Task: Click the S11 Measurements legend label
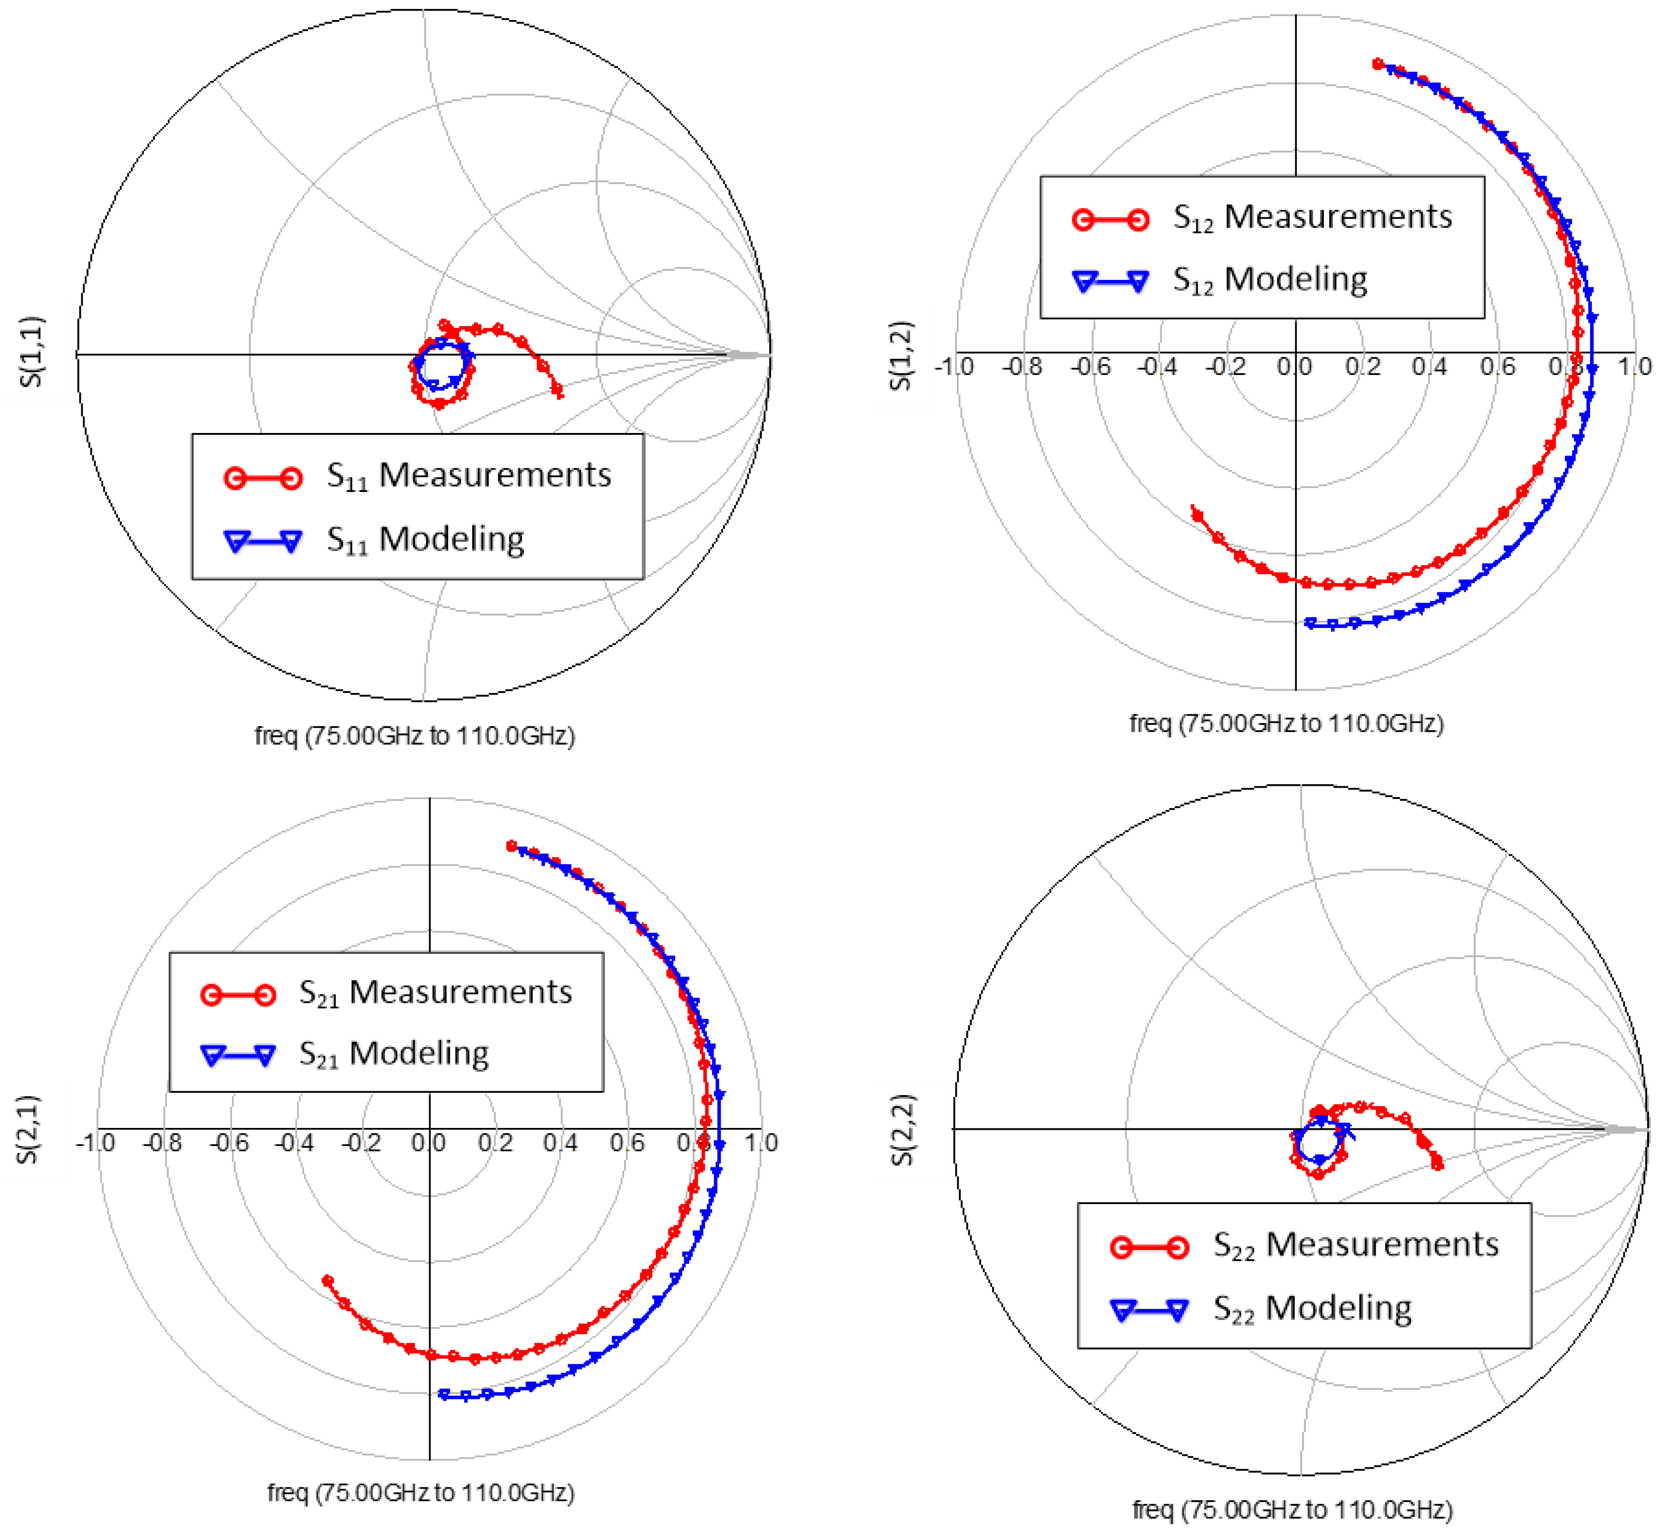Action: coord(468,476)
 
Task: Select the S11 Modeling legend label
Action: coord(425,539)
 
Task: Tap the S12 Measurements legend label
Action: coord(1312,218)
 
